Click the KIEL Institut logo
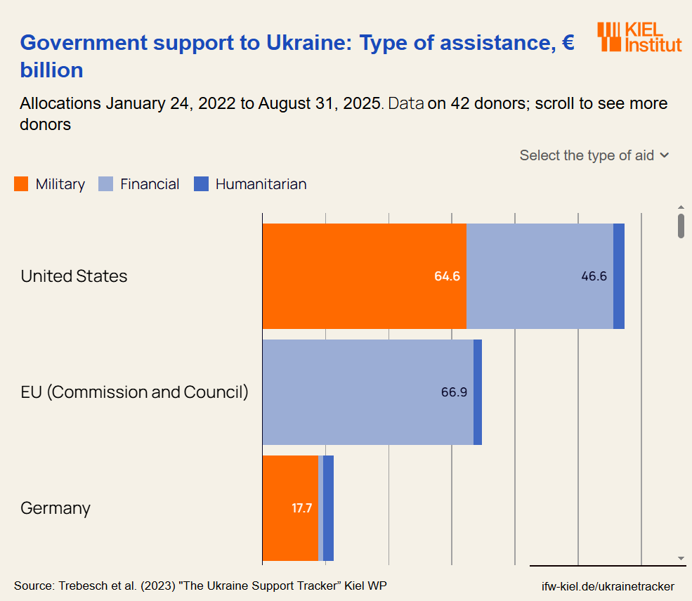639,37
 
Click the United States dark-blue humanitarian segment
619,276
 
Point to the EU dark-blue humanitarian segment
478,392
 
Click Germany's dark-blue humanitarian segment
328,508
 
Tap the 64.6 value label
447,276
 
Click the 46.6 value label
594,276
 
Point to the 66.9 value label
454,392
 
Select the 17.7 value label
301,508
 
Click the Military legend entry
50,184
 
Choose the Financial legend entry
140,184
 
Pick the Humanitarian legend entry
251,184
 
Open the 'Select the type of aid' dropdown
594,155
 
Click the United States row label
74,276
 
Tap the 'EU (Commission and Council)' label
134,392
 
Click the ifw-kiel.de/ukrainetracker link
608,586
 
